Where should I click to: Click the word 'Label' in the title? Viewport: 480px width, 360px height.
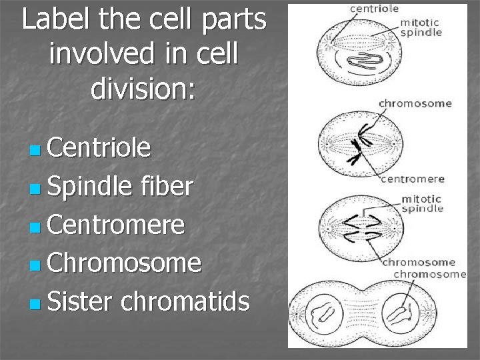pyautogui.click(x=53, y=21)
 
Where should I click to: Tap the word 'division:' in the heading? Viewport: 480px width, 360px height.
pyautogui.click(x=143, y=89)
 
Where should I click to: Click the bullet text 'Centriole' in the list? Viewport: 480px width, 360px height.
pyautogui.click(x=99, y=147)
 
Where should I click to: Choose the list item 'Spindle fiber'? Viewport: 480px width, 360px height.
pyautogui.click(x=120, y=187)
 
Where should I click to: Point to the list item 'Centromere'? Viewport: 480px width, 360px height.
pyautogui.click(x=116, y=225)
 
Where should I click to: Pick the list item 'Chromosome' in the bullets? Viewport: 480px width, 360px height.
pyautogui.click(x=124, y=263)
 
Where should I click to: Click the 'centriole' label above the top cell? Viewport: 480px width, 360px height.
pyautogui.click(x=375, y=9)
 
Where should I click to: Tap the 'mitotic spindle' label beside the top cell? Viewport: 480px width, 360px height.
pyautogui.click(x=421, y=27)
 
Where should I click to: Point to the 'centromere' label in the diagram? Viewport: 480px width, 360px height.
pyautogui.click(x=413, y=179)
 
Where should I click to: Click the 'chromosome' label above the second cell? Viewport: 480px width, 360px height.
pyautogui.click(x=415, y=103)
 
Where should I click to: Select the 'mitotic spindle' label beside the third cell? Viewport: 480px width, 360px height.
pyautogui.click(x=421, y=203)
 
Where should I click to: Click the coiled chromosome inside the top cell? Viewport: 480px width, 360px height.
pyautogui.click(x=367, y=57)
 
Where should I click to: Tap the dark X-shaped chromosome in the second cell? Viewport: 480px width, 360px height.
pyautogui.click(x=356, y=141)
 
